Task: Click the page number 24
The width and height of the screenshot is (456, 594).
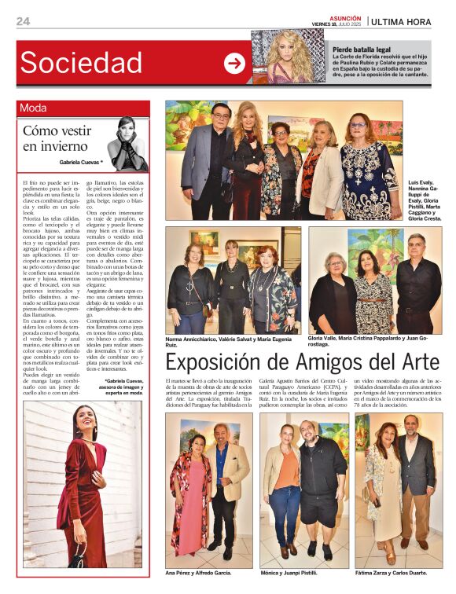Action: pyautogui.click(x=23, y=21)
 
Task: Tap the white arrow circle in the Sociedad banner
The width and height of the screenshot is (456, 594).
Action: pyautogui.click(x=234, y=64)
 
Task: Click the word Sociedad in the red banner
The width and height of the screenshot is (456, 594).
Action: pyautogui.click(x=81, y=63)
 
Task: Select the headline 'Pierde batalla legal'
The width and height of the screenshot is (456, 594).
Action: pyautogui.click(x=360, y=49)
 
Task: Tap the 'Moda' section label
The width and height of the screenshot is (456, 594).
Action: pyautogui.click(x=33, y=108)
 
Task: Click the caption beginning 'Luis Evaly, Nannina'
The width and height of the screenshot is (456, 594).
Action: pyautogui.click(x=425, y=200)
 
